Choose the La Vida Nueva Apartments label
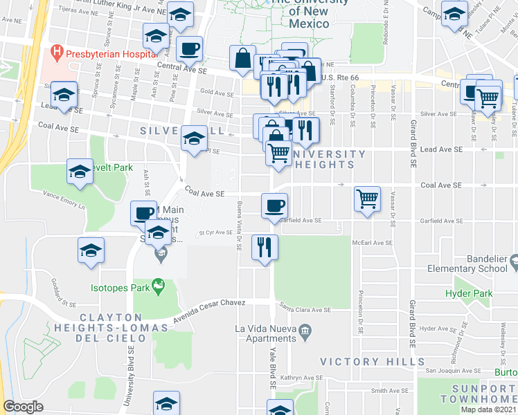265,333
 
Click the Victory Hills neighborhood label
359,361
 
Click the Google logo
24,406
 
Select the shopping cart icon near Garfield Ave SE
367,199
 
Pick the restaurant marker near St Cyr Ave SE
265,247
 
